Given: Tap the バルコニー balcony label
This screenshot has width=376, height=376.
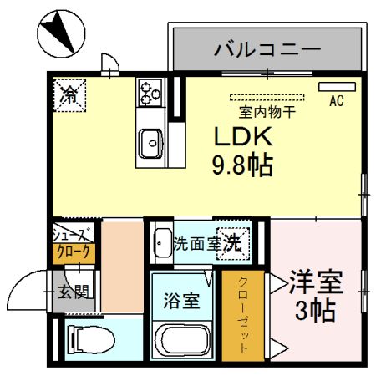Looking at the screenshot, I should coord(267,49).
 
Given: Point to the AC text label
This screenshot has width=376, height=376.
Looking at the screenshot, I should coord(337,102).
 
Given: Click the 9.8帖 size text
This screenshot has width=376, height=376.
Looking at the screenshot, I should coord(243,165).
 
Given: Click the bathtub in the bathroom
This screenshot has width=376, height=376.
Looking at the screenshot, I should coord(182,341).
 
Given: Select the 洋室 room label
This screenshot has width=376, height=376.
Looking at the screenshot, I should coord(315,282).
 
